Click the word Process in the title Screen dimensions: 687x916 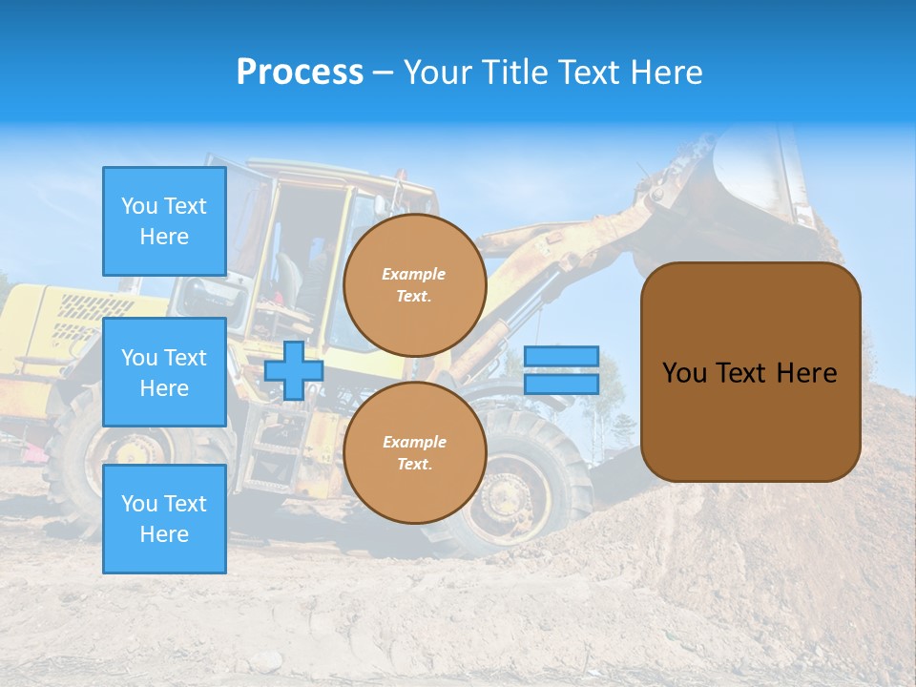[300, 73]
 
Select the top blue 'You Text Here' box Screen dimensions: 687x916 [164, 221]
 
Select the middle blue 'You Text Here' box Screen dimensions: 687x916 [164, 372]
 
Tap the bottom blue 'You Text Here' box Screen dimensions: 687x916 [164, 519]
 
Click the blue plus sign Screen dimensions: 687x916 [294, 370]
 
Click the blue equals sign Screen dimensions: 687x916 [561, 370]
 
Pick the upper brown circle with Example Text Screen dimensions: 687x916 [415, 285]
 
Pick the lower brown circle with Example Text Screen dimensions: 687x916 [415, 453]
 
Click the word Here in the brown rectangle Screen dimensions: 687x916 [806, 373]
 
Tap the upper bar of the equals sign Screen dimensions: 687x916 [561, 357]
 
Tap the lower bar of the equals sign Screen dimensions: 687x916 [561, 384]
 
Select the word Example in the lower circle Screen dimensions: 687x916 [414, 442]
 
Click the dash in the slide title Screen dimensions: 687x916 [383, 73]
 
